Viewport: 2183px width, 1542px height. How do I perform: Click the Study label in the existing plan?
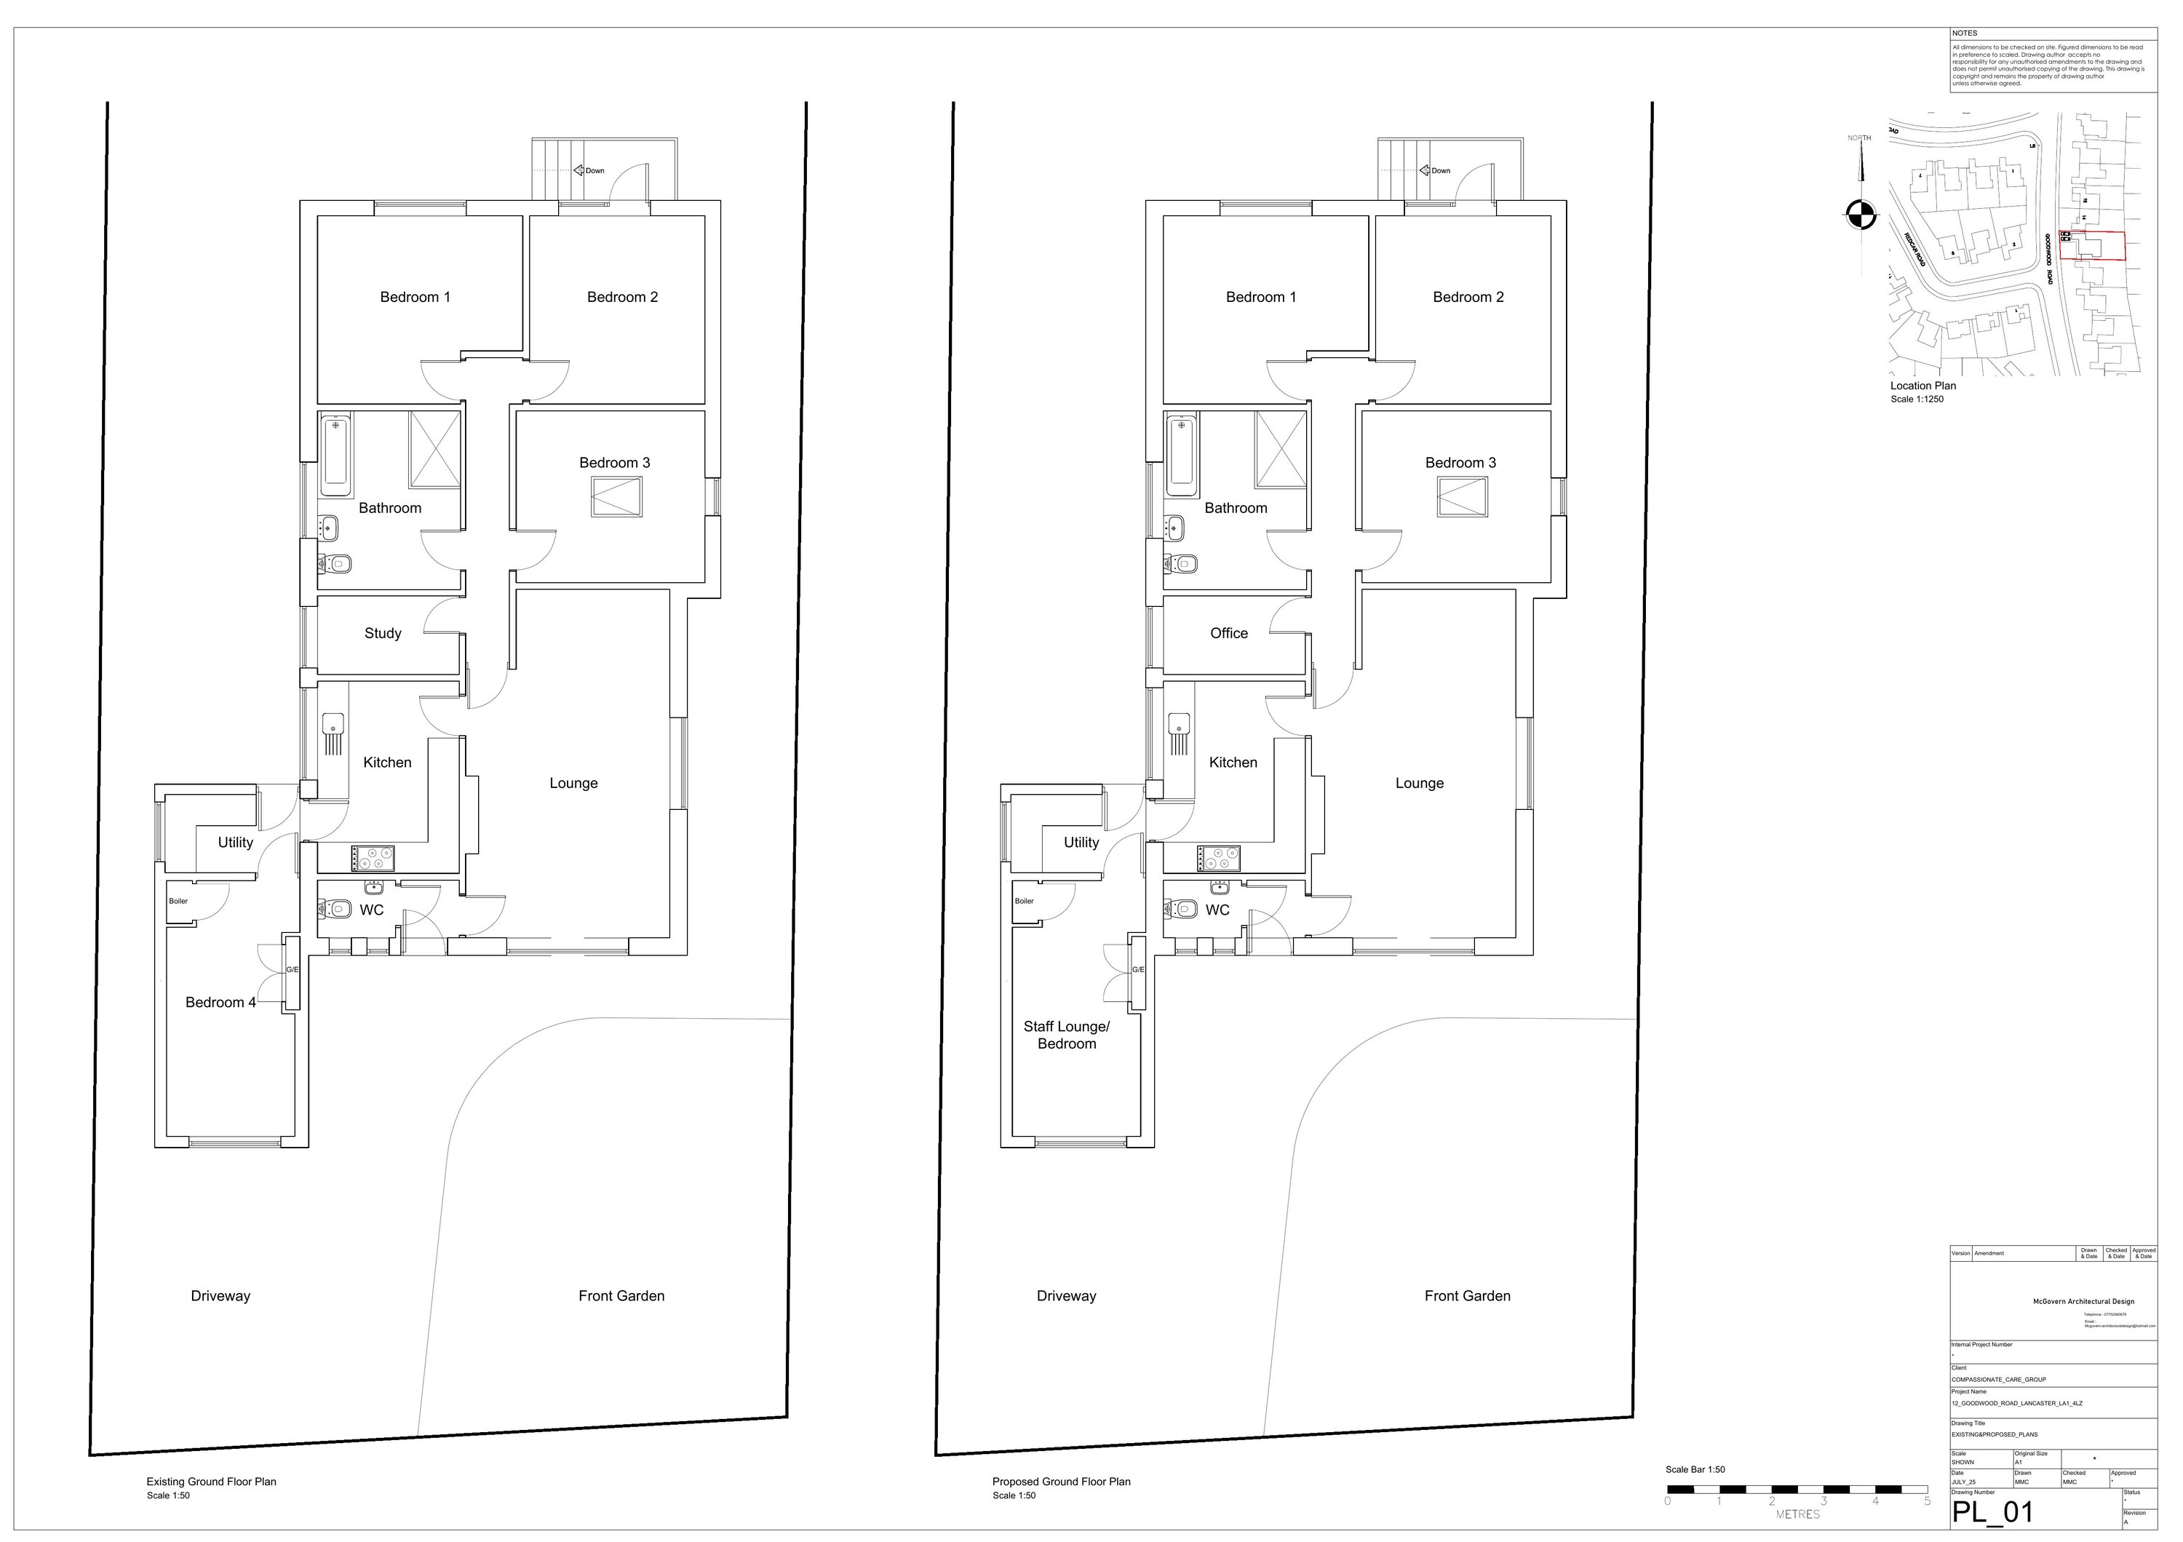(383, 633)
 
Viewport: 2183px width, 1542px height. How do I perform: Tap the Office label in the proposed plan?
(1228, 633)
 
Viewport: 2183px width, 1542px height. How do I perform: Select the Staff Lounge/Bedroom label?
(1067, 1036)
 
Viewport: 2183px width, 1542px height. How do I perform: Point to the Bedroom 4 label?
(220, 1002)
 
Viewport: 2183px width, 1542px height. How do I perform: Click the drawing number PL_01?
(1993, 1511)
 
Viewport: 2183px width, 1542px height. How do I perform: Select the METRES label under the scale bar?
(1797, 1514)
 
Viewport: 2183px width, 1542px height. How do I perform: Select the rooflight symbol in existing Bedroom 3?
(616, 496)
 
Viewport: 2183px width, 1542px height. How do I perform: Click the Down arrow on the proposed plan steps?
(1426, 171)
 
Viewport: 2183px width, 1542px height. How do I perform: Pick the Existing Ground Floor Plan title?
(211, 1481)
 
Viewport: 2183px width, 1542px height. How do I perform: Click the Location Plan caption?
(1923, 386)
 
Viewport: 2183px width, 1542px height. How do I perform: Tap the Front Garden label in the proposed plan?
(1467, 1296)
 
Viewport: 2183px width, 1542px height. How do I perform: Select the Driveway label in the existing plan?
(220, 1296)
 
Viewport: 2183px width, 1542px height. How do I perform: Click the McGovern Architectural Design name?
(2082, 1301)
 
